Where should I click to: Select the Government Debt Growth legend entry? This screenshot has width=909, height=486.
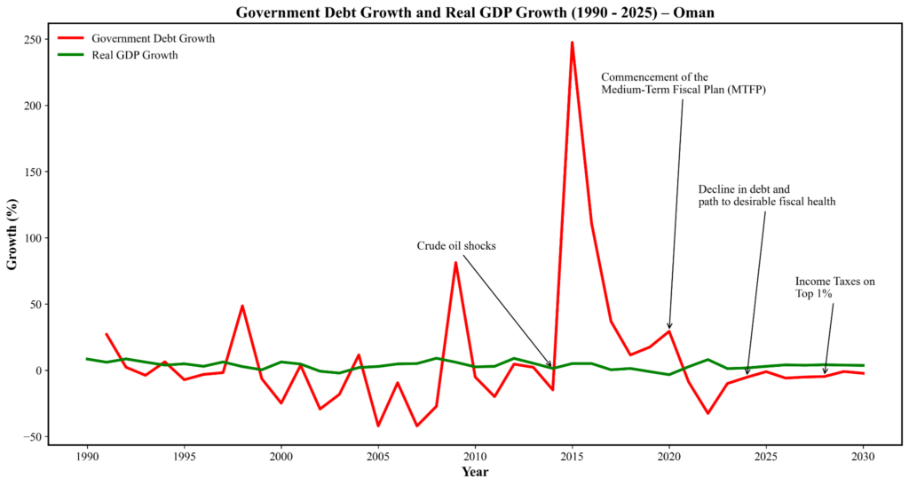click(153, 39)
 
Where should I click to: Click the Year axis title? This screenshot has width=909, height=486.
click(475, 473)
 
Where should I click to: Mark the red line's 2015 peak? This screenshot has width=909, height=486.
click(572, 42)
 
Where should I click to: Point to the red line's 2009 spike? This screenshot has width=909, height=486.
click(455, 262)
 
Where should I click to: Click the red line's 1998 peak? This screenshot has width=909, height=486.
click(242, 306)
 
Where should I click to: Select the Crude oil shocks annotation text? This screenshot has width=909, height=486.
click(456, 246)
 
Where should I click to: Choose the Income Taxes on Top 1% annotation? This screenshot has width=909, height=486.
click(834, 288)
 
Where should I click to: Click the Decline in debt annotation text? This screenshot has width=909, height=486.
click(766, 195)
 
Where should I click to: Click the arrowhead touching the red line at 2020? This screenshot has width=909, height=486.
click(669, 328)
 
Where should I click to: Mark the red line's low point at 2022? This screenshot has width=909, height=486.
click(707, 413)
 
